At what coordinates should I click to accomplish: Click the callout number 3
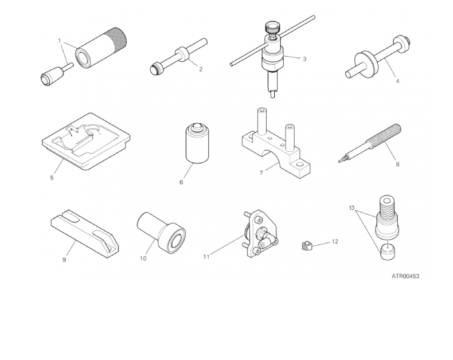(x=304, y=59)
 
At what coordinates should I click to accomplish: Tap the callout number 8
(x=397, y=164)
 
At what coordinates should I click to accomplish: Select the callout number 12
(x=335, y=241)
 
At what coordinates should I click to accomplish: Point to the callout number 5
(x=52, y=177)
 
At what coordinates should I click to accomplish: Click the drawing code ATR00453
(x=405, y=276)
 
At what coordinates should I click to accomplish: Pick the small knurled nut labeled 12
(x=306, y=246)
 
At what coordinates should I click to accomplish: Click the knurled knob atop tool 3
(x=271, y=28)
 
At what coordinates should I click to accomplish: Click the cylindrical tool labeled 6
(x=197, y=143)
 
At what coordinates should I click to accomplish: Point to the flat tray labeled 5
(x=86, y=141)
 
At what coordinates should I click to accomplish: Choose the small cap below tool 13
(x=387, y=251)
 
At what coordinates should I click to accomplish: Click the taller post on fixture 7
(x=261, y=122)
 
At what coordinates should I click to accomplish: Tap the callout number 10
(x=143, y=259)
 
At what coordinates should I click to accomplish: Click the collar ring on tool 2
(x=182, y=54)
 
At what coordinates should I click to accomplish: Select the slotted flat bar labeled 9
(x=85, y=233)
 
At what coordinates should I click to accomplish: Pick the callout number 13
(x=352, y=208)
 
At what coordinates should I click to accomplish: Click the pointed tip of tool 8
(x=339, y=161)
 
